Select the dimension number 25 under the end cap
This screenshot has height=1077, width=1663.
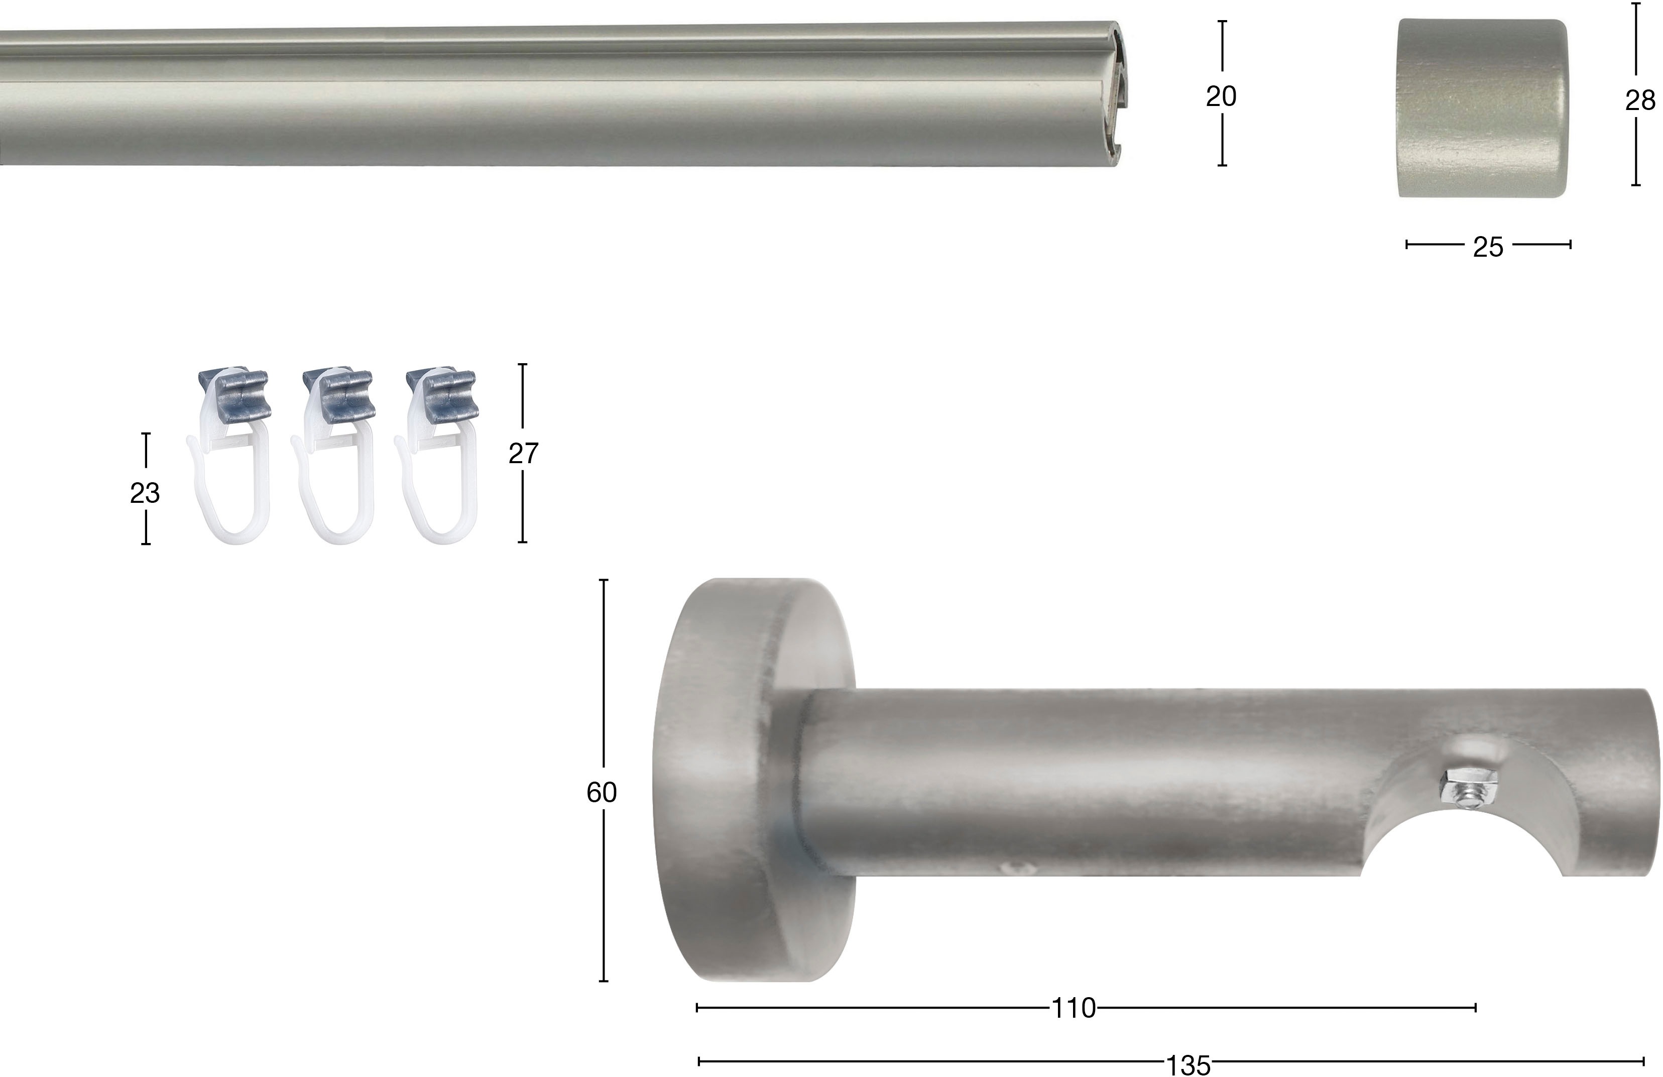tap(1488, 248)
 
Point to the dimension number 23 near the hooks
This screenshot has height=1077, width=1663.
tap(145, 493)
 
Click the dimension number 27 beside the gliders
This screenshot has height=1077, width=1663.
tap(523, 454)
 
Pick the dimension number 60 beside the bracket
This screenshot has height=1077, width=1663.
tap(602, 793)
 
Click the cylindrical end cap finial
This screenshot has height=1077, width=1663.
tap(1483, 109)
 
